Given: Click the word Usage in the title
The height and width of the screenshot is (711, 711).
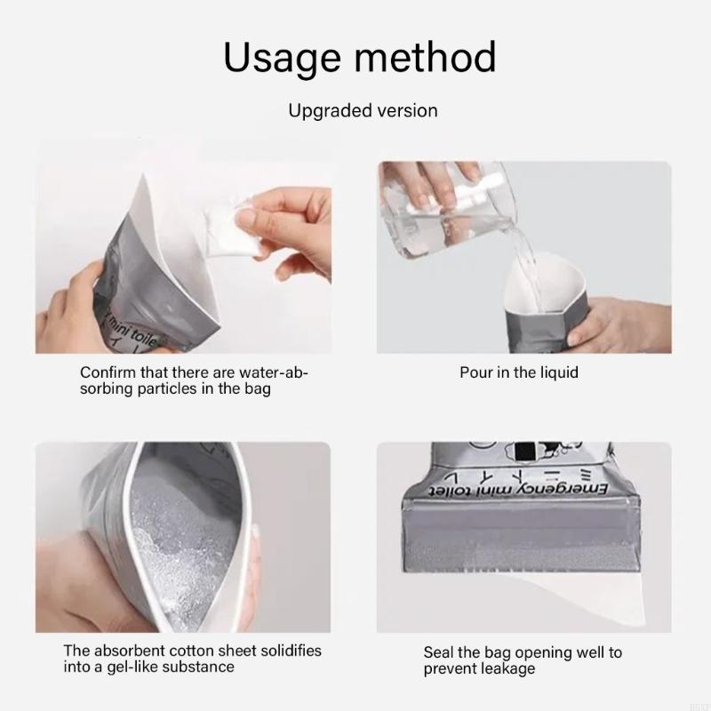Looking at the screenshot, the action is (x=281, y=58).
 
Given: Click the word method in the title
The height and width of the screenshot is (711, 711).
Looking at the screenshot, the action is (x=425, y=57).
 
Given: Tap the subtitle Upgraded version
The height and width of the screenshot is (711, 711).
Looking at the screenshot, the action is (x=363, y=111).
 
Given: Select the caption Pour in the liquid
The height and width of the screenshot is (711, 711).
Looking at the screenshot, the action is (x=519, y=372).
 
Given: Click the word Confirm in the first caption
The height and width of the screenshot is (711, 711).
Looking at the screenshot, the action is (x=108, y=372).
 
